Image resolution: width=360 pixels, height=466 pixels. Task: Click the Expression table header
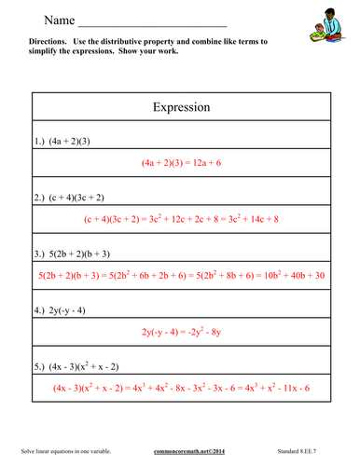[x=180, y=107]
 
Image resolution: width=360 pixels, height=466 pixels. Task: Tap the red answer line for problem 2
[x=180, y=219]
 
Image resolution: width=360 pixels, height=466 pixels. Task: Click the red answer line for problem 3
[x=180, y=276]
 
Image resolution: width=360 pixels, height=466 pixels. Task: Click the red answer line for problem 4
[x=180, y=331]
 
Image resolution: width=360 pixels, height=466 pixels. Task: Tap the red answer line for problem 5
[x=180, y=387]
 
